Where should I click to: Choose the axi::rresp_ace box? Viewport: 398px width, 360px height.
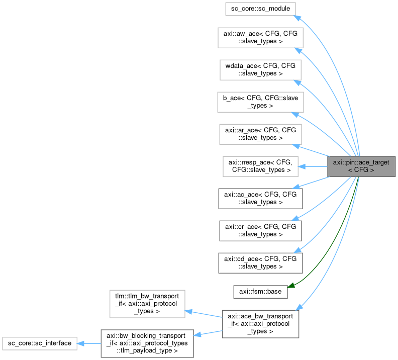[260, 166]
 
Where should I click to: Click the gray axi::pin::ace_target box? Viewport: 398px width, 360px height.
[361, 166]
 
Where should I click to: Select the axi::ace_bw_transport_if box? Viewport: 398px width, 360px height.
[261, 323]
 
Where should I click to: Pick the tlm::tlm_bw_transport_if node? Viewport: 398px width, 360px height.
[147, 303]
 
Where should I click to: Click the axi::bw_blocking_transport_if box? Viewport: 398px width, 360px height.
[147, 343]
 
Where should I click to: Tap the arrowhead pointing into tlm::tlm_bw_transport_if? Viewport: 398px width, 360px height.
[189, 311]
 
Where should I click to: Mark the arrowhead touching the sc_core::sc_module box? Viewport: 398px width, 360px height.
[297, 17]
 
